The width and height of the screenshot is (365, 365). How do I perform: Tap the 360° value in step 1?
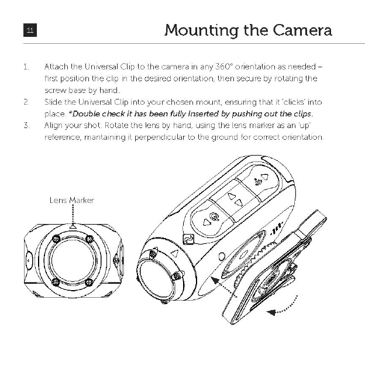coord(224,67)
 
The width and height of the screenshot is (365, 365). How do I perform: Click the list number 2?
coord(26,102)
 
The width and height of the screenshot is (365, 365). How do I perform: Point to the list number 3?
coord(26,125)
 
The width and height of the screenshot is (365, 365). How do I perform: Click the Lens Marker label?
coord(71,200)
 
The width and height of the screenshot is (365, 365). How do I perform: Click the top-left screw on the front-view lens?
coord(56,239)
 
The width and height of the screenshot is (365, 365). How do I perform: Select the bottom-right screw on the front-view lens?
coord(88,282)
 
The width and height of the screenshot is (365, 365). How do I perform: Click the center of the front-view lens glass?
coord(72,260)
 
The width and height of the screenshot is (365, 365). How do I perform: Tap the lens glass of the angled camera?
coord(155,277)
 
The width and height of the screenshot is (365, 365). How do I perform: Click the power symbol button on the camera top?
coord(215,216)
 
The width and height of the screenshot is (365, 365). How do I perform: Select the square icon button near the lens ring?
coord(188,238)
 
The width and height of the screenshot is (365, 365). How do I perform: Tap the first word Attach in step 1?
coord(56,67)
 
